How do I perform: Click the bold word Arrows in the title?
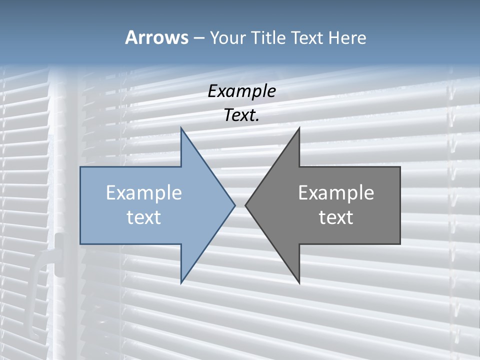point(156,37)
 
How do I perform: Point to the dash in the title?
point(198,38)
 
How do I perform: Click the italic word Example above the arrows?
point(241,91)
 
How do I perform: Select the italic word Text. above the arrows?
point(241,115)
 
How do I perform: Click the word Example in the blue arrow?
point(144,193)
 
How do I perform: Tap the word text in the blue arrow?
point(144,217)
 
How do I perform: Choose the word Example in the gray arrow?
point(336,193)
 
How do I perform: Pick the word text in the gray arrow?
point(336,217)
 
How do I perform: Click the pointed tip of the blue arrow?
point(235,205)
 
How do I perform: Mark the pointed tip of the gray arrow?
point(245,205)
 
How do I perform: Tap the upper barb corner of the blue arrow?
point(181,128)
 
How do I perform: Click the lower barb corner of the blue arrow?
point(181,282)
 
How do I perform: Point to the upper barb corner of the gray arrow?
point(299,128)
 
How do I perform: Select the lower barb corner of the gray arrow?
point(299,282)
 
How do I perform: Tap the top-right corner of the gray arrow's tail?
point(400,167)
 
